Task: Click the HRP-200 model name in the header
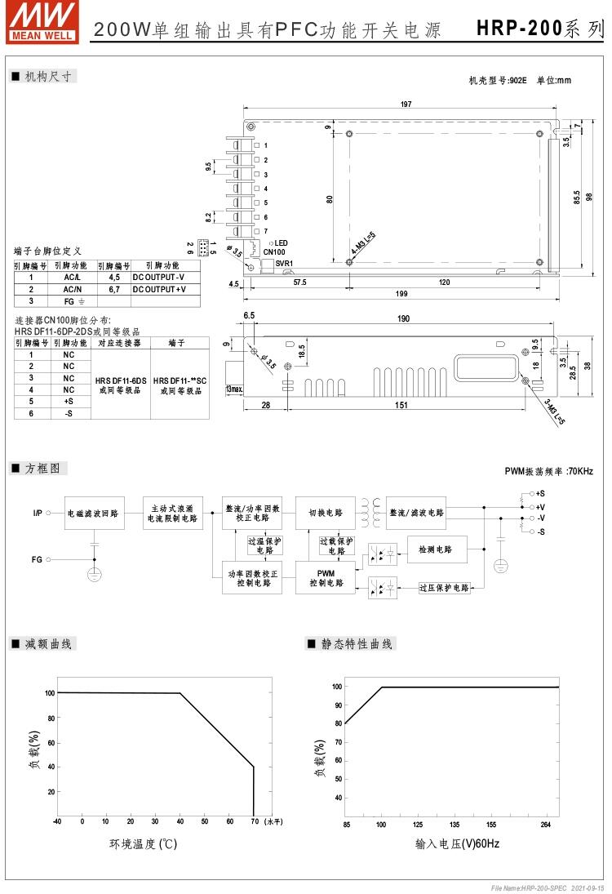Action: click(x=519, y=29)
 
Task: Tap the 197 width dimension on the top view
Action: click(x=406, y=104)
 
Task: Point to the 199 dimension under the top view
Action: click(x=401, y=294)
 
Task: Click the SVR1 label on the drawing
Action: click(x=283, y=263)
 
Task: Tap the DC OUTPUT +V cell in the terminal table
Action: click(x=160, y=289)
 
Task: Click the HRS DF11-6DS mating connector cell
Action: click(x=120, y=385)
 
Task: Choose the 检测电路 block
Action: click(x=437, y=549)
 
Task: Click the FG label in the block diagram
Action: click(x=37, y=559)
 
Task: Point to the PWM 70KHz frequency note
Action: click(x=548, y=472)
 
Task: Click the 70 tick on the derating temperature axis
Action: click(x=254, y=821)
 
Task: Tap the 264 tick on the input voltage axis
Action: click(x=546, y=825)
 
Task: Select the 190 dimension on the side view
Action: click(x=403, y=318)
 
